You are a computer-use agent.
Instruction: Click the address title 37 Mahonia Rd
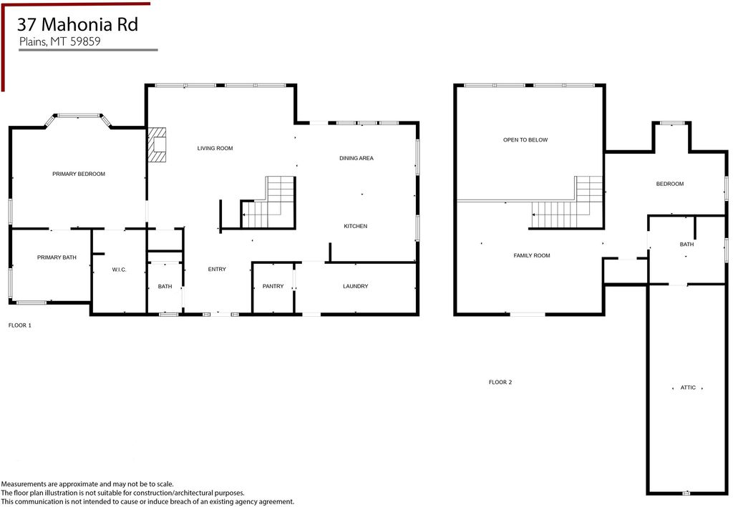coord(78,24)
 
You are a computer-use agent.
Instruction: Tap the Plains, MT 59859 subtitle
coord(59,41)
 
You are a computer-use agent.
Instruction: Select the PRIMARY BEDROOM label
coord(79,174)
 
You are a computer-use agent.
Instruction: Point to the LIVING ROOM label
coord(215,148)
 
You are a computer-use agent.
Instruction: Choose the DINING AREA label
coord(356,158)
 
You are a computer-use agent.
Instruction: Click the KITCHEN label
coord(355,226)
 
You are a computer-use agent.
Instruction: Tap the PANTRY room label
coord(273,286)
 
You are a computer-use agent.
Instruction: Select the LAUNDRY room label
coord(355,286)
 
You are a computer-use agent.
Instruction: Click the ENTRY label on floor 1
coord(217,269)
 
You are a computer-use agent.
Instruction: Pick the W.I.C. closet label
coord(119,270)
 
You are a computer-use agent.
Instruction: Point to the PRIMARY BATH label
coord(57,257)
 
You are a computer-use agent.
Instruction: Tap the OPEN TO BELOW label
coord(525,140)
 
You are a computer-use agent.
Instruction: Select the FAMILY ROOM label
coord(532,255)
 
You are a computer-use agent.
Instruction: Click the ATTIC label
coord(688,388)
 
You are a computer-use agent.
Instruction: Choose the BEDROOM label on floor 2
coord(670,184)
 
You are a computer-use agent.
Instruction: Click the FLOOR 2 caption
coord(500,383)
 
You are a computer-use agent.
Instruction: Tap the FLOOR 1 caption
coord(19,325)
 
